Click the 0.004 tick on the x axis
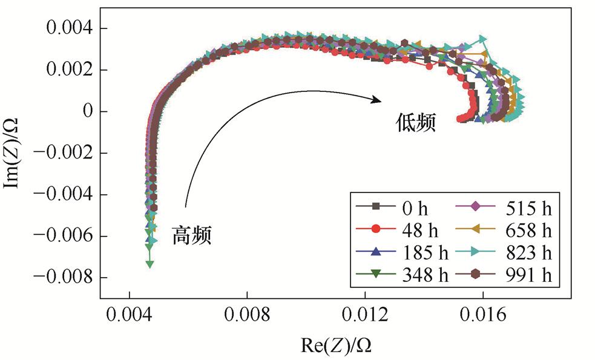[129, 316]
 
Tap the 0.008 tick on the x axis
[247, 316]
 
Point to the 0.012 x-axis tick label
[365, 316]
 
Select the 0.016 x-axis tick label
[483, 316]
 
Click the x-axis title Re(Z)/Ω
[336, 345]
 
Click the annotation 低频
[413, 124]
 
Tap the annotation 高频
[192, 235]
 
